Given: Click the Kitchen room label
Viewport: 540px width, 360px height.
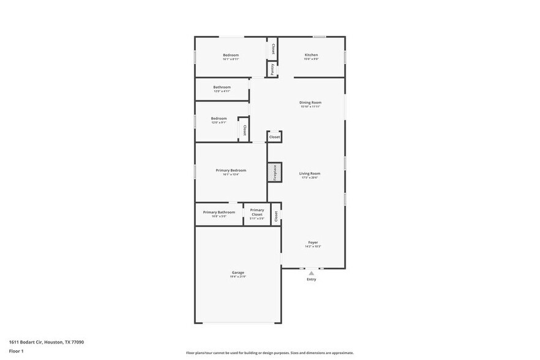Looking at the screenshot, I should pos(311,55).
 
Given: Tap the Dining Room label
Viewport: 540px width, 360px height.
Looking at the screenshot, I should pos(310,102).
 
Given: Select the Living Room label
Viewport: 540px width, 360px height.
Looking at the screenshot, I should pos(309,173).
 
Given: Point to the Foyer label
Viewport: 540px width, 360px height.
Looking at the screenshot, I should pos(312,242).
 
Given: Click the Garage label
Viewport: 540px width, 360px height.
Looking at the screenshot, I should pos(238,272).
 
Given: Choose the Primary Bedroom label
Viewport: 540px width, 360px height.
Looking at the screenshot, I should pos(230,170).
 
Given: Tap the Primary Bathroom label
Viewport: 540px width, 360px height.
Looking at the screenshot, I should pos(219,212).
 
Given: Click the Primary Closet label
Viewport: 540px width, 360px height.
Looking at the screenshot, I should pos(257,212).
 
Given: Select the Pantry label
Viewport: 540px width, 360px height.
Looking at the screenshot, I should pos(272,69).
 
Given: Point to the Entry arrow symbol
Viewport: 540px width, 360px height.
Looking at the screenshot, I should pos(311,272).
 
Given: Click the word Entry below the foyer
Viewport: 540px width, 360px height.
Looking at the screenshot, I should pos(311,280).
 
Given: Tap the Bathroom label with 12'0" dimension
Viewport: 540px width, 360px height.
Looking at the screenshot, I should pos(222,87).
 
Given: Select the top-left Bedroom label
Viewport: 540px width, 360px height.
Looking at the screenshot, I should pos(230,55).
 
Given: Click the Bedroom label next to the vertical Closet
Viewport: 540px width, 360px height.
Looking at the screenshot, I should pos(219,118).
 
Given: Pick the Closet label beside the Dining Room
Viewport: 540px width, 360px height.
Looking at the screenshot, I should pos(274,137).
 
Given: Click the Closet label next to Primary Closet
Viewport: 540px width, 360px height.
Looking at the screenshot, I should pos(276,216).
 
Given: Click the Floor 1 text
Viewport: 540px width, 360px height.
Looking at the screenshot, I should pos(16,351).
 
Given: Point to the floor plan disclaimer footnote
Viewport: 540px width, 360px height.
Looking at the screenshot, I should pos(269,353).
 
